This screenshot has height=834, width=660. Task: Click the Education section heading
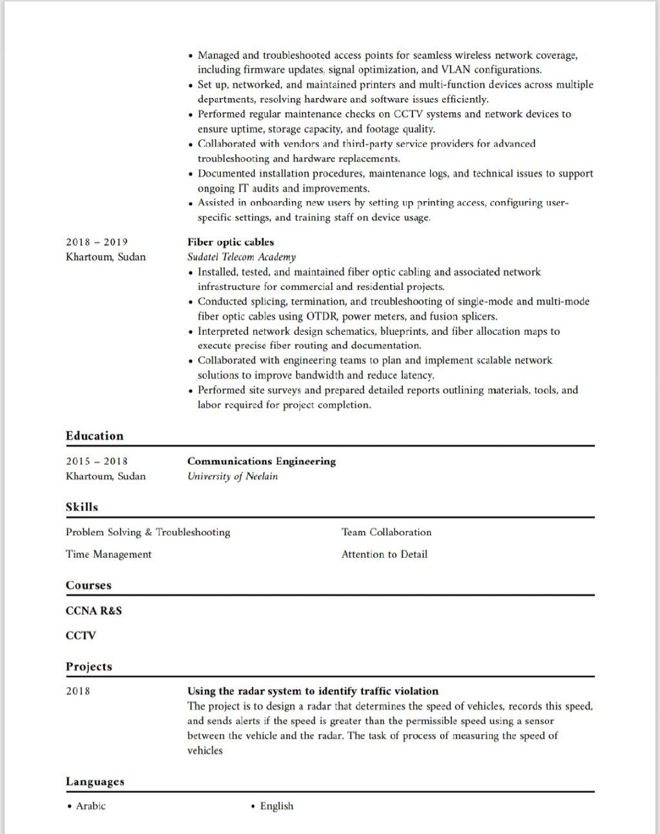(94, 436)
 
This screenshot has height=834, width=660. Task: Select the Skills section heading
(82, 507)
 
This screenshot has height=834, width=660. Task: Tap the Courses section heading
(88, 585)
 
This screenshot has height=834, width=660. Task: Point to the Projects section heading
(89, 667)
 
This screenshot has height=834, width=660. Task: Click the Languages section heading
(95, 782)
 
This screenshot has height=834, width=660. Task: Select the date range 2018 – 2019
(97, 242)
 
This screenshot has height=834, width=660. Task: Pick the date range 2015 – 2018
(97, 461)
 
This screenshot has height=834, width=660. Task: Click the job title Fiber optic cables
(231, 242)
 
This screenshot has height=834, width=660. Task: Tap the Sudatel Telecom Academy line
(242, 257)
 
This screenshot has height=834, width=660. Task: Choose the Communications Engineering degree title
(262, 461)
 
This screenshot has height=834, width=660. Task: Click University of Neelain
(233, 477)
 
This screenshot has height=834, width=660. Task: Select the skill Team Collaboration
(387, 532)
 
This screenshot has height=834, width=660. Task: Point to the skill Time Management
(108, 554)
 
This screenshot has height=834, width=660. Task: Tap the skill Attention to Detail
(385, 554)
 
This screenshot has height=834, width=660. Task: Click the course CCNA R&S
(93, 611)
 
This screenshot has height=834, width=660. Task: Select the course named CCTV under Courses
(81, 636)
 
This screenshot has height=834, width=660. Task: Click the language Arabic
(90, 806)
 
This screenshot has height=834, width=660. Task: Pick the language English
(277, 806)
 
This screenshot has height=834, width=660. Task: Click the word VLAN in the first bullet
(456, 70)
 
